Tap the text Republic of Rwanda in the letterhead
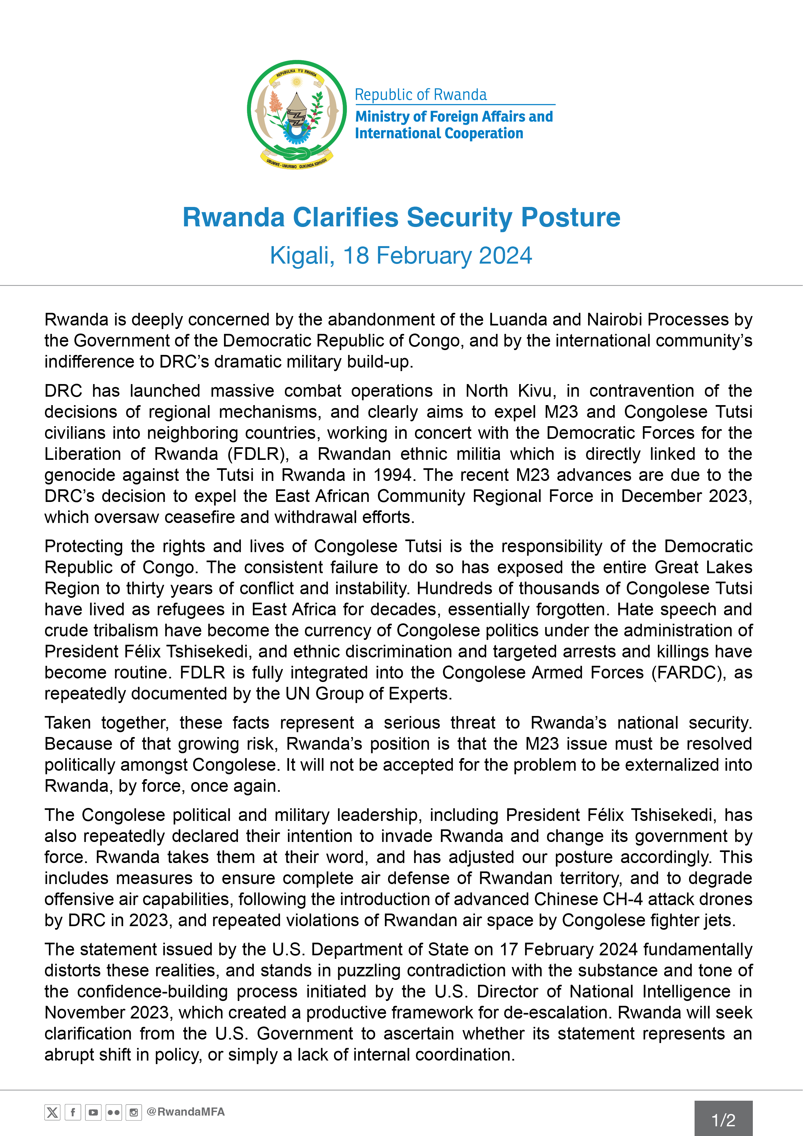tap(421, 95)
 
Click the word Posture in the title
tap(571, 217)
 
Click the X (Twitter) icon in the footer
tap(52, 1112)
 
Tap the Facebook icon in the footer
tap(73, 1112)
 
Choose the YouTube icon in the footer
tap(93, 1112)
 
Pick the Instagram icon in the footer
tap(133, 1112)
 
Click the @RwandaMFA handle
tap(186, 1112)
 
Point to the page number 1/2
tap(723, 1120)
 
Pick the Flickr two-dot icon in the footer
tap(113, 1112)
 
